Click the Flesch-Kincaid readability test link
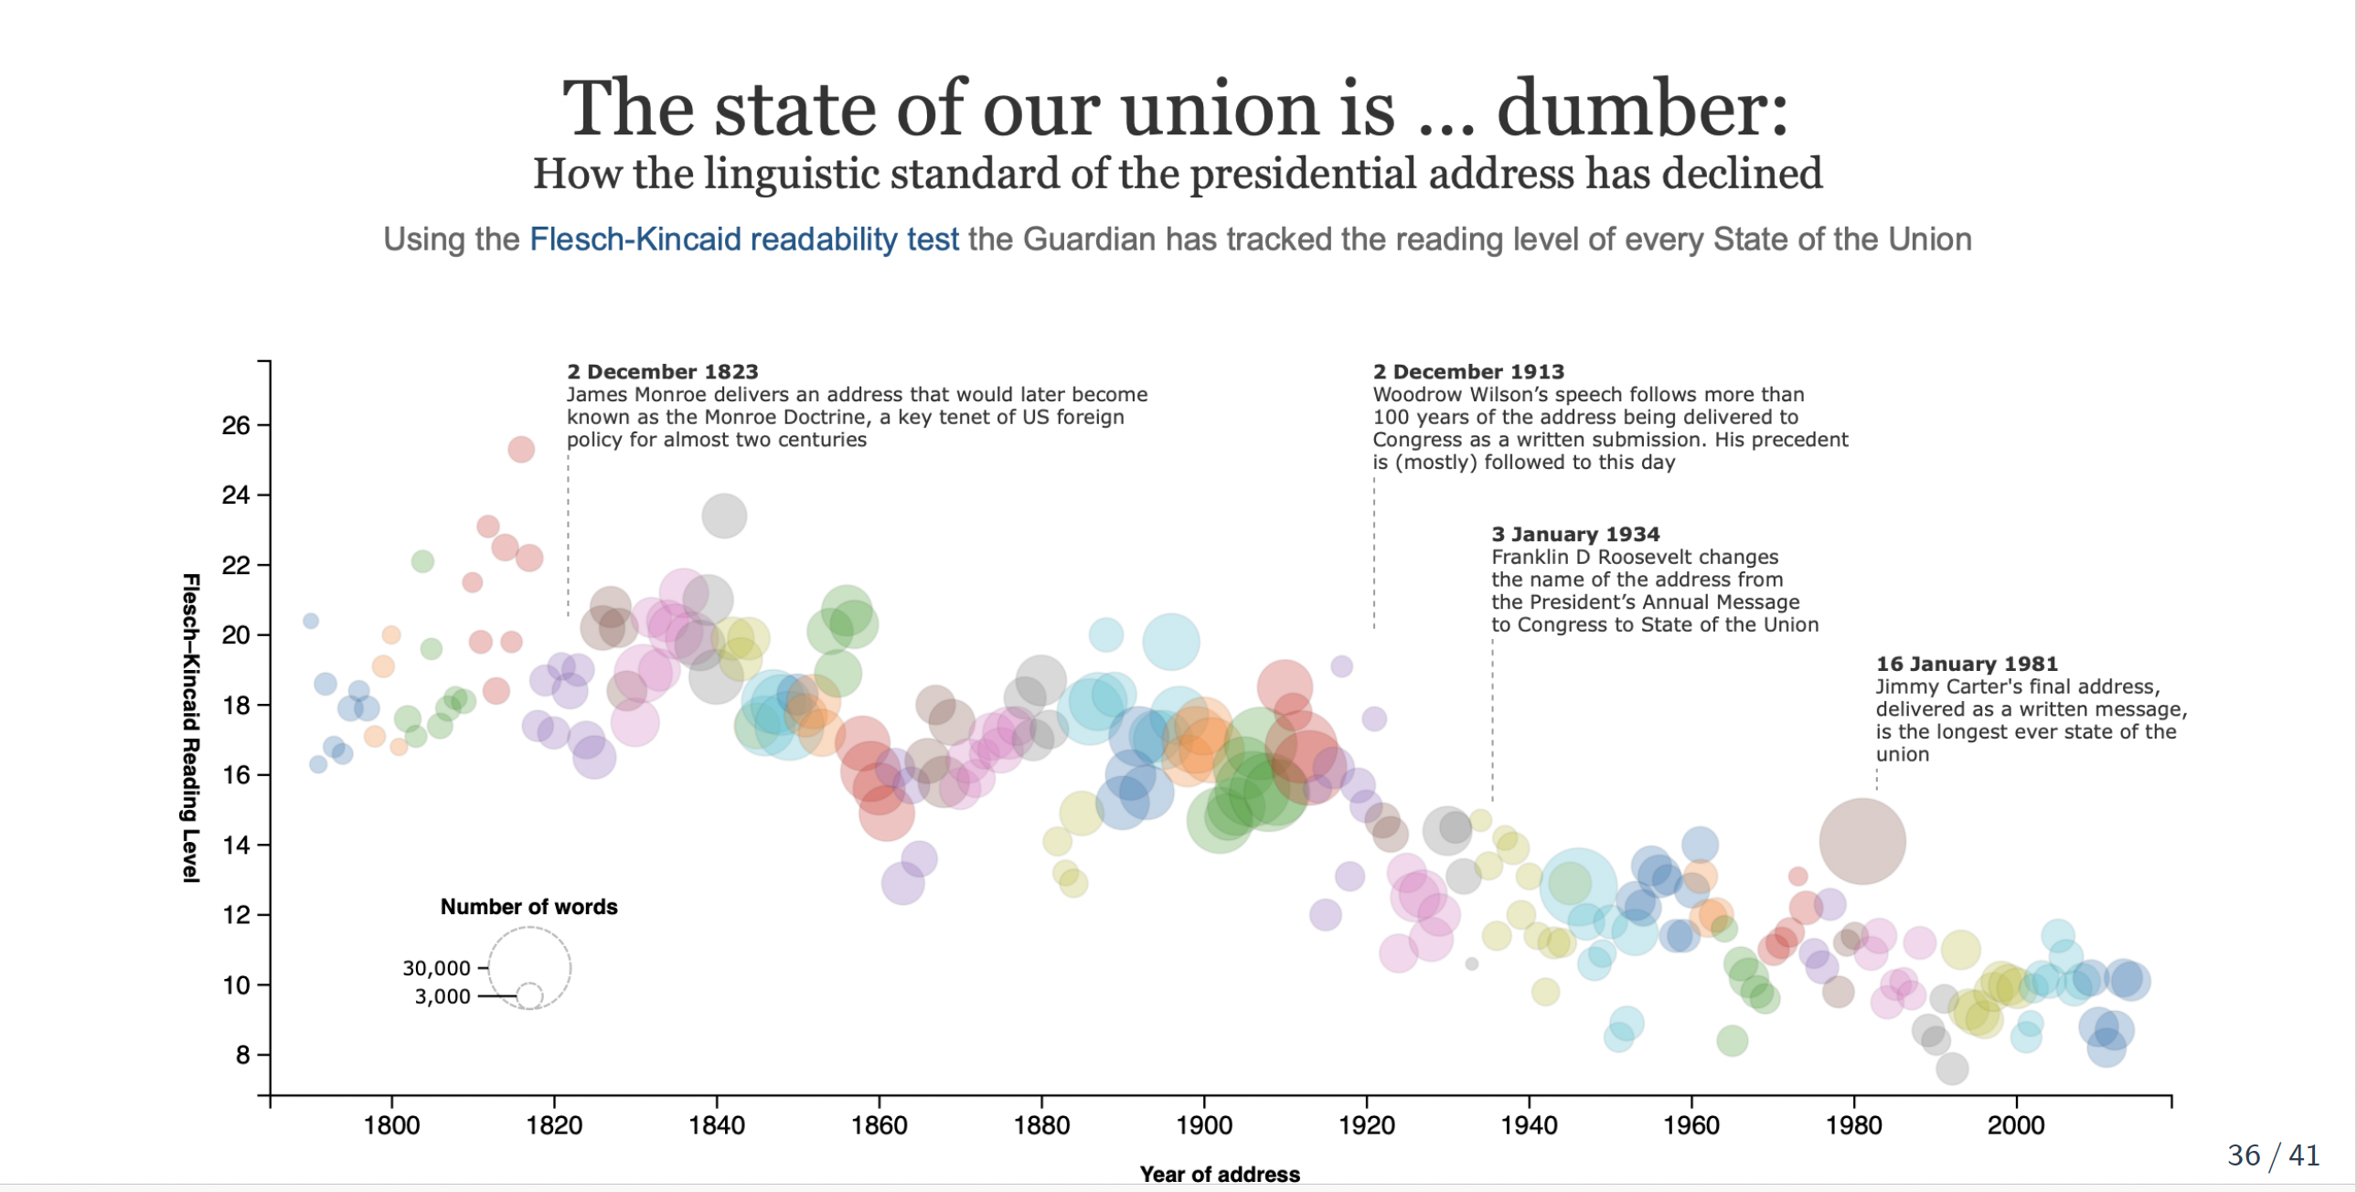[x=744, y=239]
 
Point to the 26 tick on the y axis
[x=236, y=425]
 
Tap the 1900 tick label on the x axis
[x=1204, y=1124]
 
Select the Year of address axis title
[x=1219, y=1174]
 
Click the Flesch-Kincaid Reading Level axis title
[x=190, y=728]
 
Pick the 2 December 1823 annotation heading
[x=663, y=371]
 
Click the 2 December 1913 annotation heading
[x=1467, y=371]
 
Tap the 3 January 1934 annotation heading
[x=1574, y=534]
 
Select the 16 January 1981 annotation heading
[x=1967, y=665]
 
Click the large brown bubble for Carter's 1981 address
[x=1862, y=842]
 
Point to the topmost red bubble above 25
[x=520, y=449]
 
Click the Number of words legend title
[x=528, y=907]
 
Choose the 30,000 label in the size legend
[x=436, y=968]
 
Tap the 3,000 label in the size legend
[x=442, y=996]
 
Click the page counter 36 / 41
[x=2274, y=1155]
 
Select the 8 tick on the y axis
[x=242, y=1055]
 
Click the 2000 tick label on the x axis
[x=2016, y=1124]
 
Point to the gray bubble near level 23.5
[x=724, y=516]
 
